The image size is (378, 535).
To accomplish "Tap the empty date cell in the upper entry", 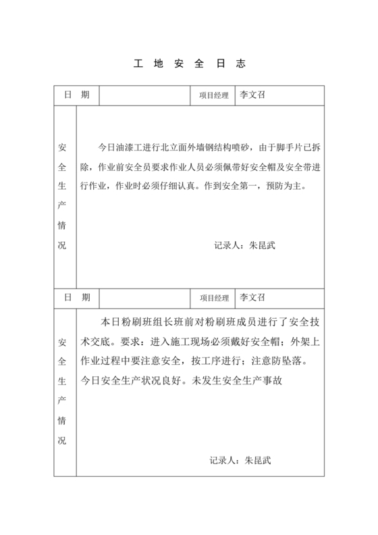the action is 145,95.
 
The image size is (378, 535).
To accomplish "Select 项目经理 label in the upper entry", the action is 214,96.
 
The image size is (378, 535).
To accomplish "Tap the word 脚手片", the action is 304,147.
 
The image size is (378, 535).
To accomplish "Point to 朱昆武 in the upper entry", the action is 262,246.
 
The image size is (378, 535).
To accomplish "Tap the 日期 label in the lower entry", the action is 76,297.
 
